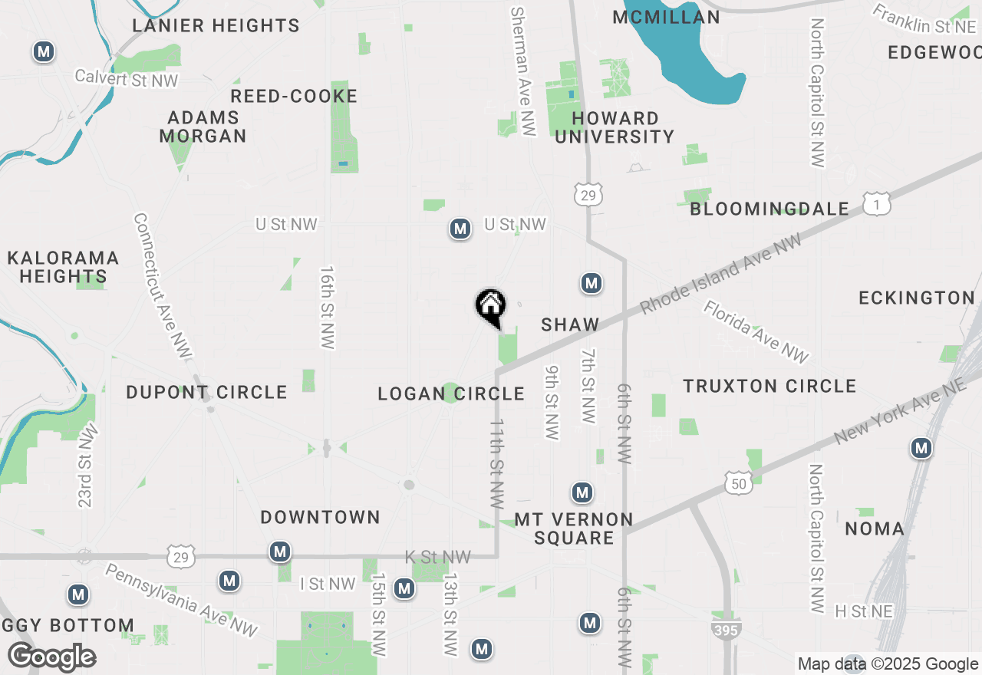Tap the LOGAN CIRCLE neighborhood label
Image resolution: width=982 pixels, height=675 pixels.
(451, 394)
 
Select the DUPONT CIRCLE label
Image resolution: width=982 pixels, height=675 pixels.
(206, 392)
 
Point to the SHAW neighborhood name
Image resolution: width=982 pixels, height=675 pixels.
(570, 324)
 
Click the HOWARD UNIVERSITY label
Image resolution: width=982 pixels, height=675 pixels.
(615, 127)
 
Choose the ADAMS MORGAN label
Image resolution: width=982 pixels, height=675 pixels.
(203, 127)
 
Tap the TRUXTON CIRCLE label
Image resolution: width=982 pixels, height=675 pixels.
(769, 386)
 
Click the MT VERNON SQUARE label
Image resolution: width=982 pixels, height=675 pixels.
(574, 528)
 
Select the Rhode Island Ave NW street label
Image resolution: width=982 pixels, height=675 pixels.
(721, 273)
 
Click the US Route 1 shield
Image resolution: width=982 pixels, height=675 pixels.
(876, 204)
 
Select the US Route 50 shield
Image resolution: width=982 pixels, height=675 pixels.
(738, 483)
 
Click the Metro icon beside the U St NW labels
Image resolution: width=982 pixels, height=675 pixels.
(460, 229)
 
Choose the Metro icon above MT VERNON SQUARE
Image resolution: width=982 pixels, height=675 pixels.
(582, 492)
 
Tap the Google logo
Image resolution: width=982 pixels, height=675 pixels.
(51, 657)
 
